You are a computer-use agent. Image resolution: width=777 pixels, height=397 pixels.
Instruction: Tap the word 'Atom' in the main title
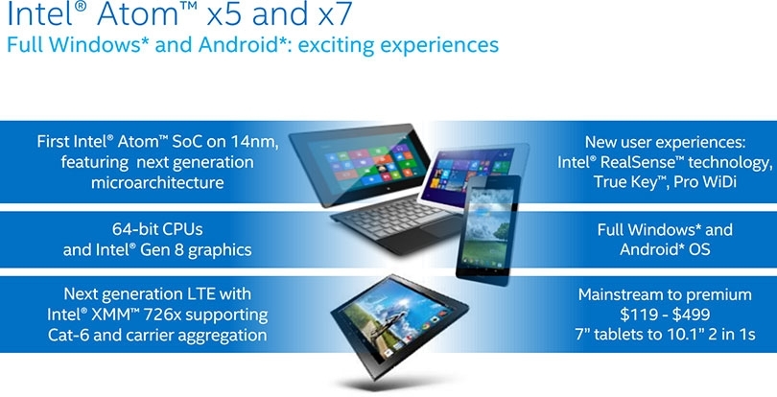pyautogui.click(x=139, y=14)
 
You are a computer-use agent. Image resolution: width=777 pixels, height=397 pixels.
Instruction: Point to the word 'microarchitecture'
pyautogui.click(x=157, y=182)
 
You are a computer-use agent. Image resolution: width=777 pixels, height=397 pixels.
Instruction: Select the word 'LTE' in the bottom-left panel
pyautogui.click(x=200, y=293)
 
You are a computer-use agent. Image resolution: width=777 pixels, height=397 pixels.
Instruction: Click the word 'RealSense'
pyautogui.click(x=640, y=163)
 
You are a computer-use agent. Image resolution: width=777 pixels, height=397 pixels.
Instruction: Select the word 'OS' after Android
pyautogui.click(x=699, y=249)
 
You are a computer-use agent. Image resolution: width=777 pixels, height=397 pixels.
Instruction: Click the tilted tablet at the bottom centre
pyautogui.click(x=399, y=325)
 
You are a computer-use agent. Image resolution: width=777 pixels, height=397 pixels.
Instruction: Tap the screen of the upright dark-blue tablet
pyautogui.click(x=487, y=227)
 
